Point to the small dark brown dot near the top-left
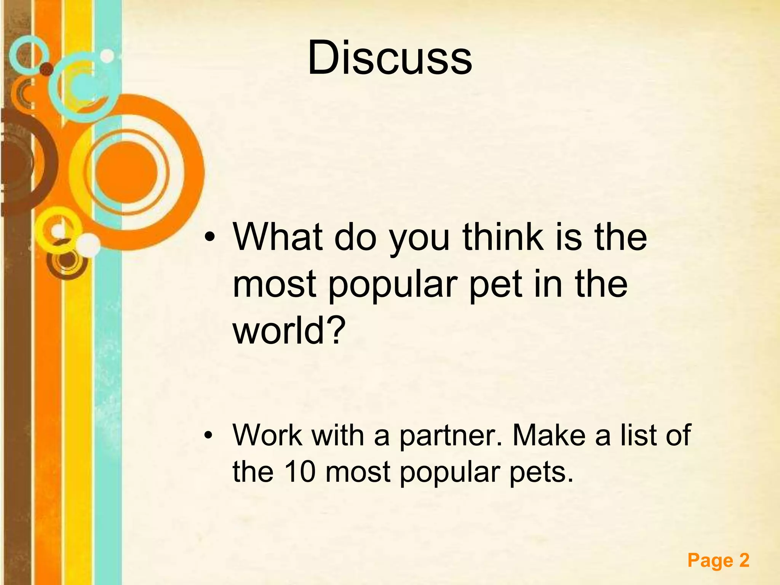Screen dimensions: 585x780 (x=47, y=69)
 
